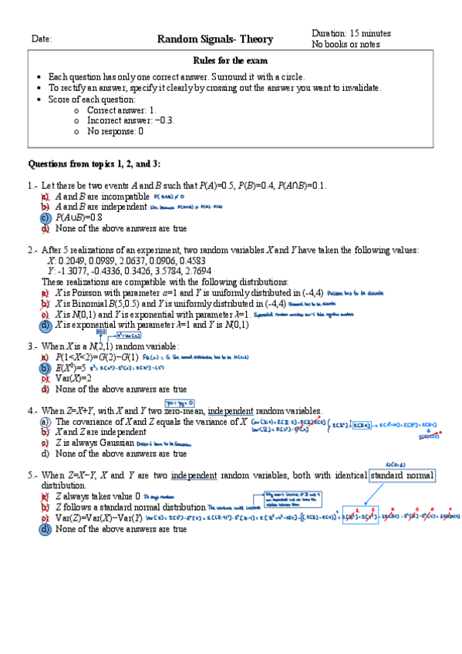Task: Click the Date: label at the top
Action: coord(41,39)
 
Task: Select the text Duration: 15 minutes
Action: coord(351,34)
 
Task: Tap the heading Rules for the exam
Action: coord(231,61)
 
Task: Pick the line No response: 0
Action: coord(115,131)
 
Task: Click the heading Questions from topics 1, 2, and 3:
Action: coord(94,163)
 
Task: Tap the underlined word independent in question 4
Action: coord(237,410)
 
